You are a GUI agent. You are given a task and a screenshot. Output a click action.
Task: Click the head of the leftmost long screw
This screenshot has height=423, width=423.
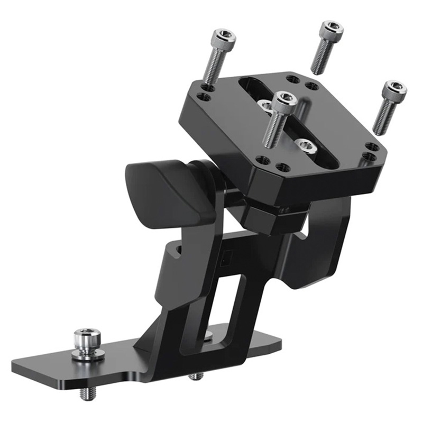[x=223, y=39]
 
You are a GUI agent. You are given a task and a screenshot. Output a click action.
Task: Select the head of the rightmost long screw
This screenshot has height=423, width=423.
[x=395, y=90]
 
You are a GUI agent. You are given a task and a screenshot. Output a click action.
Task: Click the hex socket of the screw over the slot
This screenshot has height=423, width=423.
[x=285, y=98]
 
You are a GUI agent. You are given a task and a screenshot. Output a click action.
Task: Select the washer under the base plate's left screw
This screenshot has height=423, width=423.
[x=87, y=352]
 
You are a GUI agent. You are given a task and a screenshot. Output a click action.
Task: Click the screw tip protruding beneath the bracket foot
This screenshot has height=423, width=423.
[x=196, y=376]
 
